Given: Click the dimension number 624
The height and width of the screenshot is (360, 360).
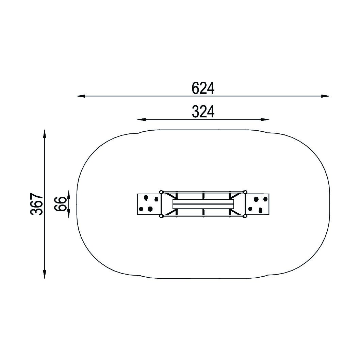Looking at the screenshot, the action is click(x=203, y=88).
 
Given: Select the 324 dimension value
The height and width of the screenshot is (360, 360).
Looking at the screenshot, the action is click(x=203, y=112).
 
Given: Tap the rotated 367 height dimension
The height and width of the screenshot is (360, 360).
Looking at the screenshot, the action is click(x=37, y=204).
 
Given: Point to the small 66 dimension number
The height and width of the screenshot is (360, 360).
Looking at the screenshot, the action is click(x=61, y=203).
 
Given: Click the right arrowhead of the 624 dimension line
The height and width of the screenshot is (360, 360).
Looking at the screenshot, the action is click(x=326, y=96).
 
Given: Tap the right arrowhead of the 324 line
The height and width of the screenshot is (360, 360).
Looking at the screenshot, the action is click(x=265, y=119).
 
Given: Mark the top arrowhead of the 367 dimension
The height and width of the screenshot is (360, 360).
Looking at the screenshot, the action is click(x=45, y=134).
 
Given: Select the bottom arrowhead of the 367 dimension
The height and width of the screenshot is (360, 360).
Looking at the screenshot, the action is click(x=45, y=274).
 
